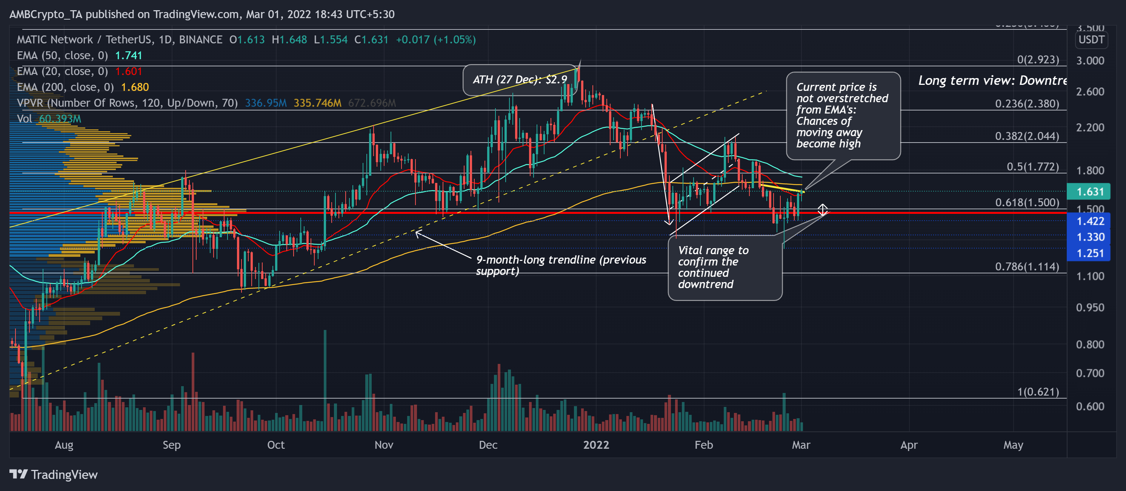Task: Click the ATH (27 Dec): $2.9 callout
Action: [x=519, y=80]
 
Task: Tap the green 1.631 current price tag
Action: [x=1090, y=192]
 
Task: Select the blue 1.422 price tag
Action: [x=1090, y=221]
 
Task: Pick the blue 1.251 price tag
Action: [x=1090, y=253]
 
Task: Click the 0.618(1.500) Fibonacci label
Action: [x=1027, y=203]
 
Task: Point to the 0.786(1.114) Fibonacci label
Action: [x=1027, y=267]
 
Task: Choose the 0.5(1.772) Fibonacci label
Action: [x=1032, y=167]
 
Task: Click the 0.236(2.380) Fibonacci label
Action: [x=1027, y=104]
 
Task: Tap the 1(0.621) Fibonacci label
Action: [x=1038, y=392]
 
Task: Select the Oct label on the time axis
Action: [x=276, y=445]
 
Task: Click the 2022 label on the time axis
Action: [x=596, y=445]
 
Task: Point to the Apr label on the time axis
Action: [x=909, y=445]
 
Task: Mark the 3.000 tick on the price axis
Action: [x=1090, y=61]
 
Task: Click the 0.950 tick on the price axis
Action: [x=1090, y=307]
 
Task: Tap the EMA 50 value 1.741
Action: [x=129, y=55]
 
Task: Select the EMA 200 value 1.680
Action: [x=135, y=87]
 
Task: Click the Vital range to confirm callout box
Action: [x=725, y=267]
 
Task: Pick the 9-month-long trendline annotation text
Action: [x=561, y=265]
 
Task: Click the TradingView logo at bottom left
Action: [x=53, y=475]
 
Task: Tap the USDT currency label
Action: [x=1091, y=40]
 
